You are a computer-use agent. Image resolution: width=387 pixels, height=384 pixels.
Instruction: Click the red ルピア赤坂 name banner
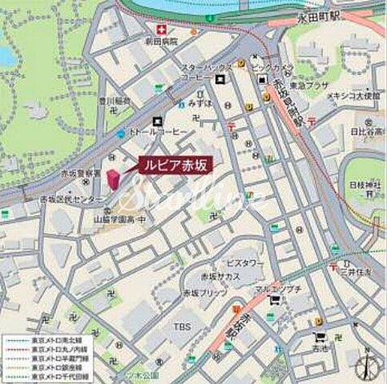click(x=175, y=165)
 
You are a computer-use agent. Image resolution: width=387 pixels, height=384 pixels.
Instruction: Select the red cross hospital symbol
click(x=149, y=50)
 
